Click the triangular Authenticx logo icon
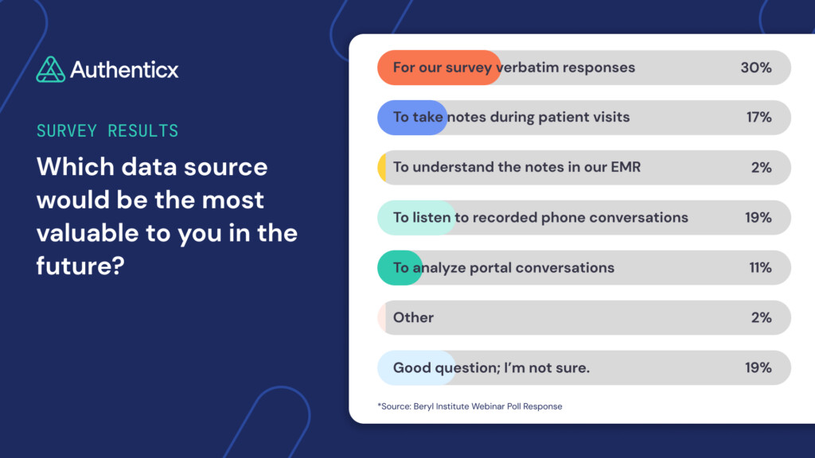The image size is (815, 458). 50,69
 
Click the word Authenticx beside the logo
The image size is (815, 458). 124,70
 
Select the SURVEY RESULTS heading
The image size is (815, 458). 107,130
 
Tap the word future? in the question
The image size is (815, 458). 81,266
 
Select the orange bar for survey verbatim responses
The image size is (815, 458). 439,68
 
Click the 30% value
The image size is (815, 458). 756,68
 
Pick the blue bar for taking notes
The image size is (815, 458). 411,118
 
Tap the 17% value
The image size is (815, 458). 758,118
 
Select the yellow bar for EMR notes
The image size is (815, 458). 382,168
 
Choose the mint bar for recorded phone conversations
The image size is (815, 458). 415,218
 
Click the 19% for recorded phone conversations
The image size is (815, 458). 758,218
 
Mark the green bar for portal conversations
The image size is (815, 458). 399,268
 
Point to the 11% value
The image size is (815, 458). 759,268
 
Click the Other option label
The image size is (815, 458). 413,318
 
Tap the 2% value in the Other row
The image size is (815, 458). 761,318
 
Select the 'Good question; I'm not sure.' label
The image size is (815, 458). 491,368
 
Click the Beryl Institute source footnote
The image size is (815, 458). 470,406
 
